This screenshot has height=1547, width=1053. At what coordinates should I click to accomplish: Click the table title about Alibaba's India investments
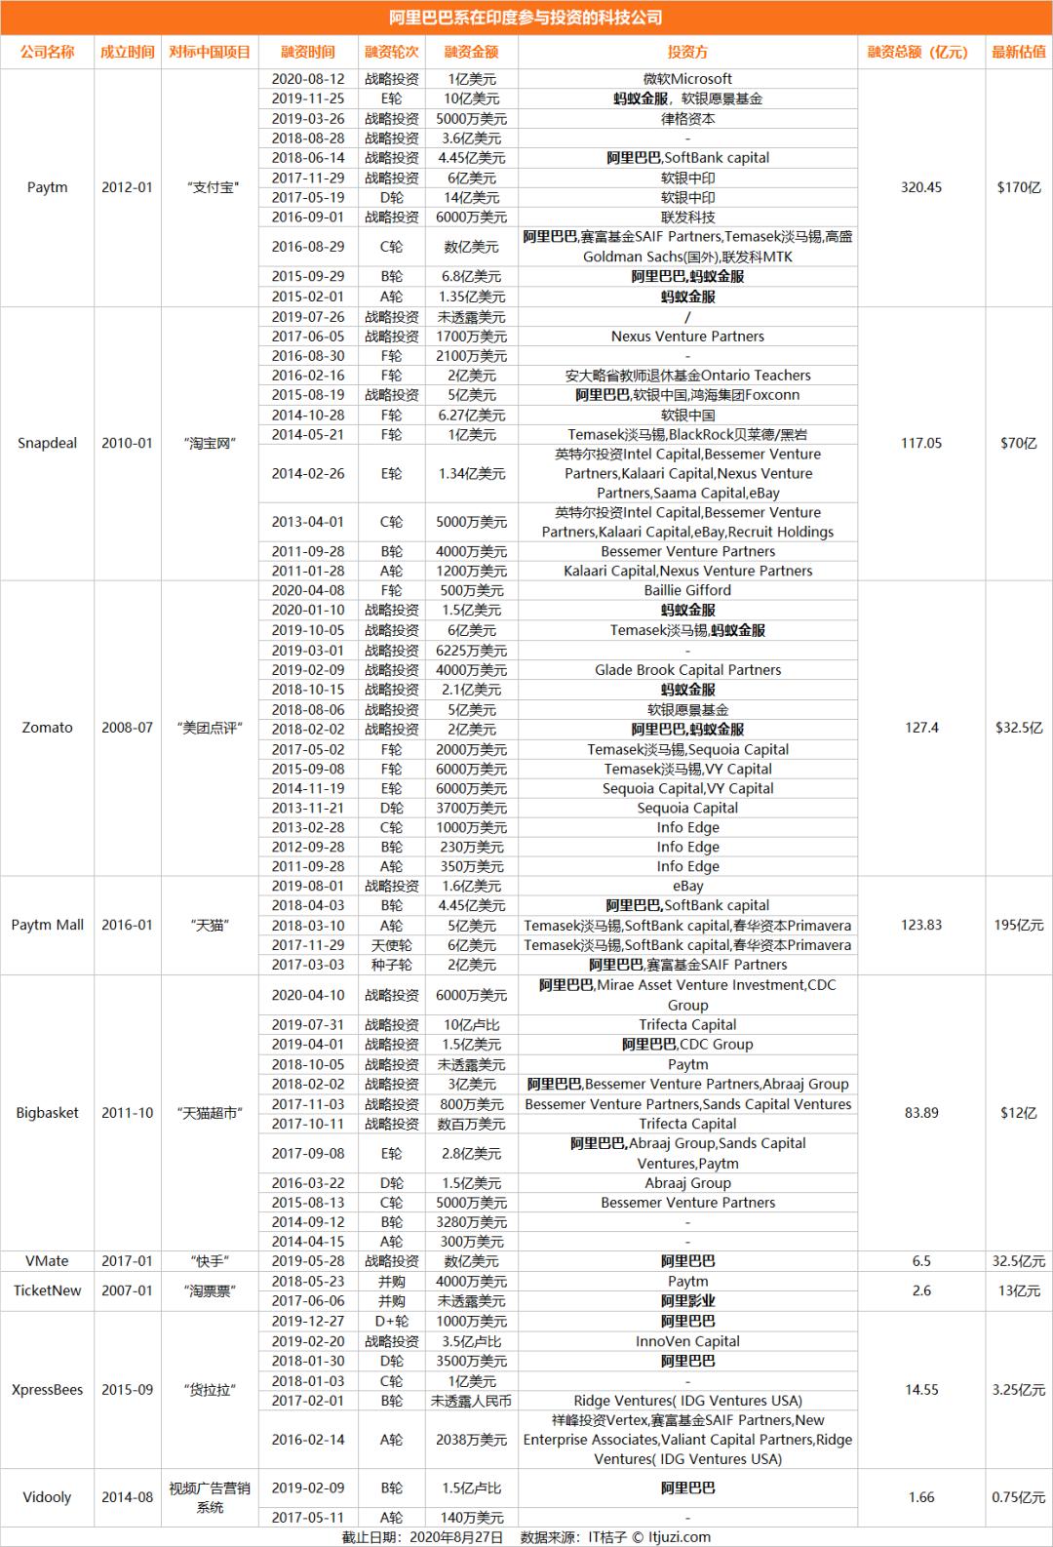(x=526, y=18)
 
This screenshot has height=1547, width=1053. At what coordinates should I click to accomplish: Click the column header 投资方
(x=687, y=52)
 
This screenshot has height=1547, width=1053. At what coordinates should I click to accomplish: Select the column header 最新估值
(x=1018, y=52)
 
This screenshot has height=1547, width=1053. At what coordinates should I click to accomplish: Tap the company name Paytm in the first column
(x=47, y=187)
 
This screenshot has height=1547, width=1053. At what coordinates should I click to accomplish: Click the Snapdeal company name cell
(x=47, y=443)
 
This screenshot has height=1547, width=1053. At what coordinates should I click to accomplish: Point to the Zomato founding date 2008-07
(x=127, y=728)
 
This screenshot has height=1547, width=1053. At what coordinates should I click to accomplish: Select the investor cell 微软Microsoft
(x=687, y=79)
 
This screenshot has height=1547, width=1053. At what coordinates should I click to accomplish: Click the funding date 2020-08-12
(x=307, y=79)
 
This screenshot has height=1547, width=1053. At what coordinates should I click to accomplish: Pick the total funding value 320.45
(x=920, y=187)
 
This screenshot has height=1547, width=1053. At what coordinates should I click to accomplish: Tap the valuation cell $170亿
(x=1018, y=187)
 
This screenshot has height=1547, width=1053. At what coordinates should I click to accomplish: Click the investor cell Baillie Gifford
(x=687, y=590)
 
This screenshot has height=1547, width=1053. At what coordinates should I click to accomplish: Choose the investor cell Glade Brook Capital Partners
(x=687, y=670)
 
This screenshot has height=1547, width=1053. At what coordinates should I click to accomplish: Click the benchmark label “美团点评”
(x=210, y=728)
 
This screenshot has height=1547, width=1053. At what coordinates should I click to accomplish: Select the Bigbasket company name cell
(x=47, y=1113)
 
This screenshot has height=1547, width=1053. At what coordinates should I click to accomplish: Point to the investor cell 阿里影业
(x=687, y=1301)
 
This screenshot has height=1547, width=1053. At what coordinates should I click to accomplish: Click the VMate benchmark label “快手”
(x=210, y=1261)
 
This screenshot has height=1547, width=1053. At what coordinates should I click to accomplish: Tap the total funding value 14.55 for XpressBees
(x=920, y=1390)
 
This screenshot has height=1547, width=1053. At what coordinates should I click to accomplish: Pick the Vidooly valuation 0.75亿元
(x=1018, y=1497)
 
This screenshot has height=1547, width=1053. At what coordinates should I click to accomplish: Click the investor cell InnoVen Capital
(x=687, y=1341)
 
